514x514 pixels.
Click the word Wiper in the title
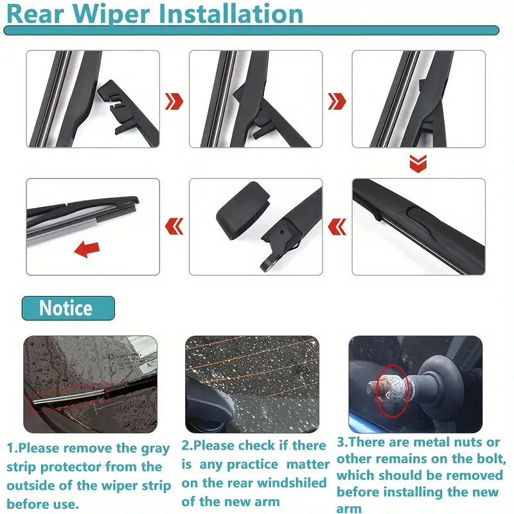(111, 13)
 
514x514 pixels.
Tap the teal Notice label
(68, 308)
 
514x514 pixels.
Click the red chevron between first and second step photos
(174, 102)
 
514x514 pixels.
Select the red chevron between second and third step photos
(337, 102)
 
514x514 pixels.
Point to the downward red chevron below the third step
(418, 163)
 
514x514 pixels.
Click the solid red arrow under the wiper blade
(87, 249)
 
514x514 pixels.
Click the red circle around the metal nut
(393, 391)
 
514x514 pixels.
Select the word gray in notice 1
(155, 448)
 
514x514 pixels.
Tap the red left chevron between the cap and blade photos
(174, 227)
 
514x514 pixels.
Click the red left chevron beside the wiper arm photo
(337, 227)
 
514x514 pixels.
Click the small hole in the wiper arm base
(282, 232)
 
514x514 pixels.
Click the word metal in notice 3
(432, 442)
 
